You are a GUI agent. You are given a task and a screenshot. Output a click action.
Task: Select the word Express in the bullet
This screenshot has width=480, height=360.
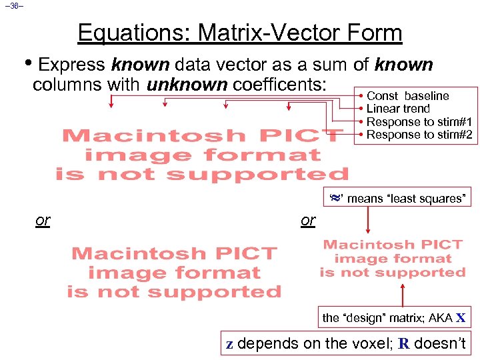[72, 65]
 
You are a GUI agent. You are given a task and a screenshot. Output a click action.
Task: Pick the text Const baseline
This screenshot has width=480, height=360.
[407, 96]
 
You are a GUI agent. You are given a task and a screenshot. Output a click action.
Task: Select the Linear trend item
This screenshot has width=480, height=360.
[398, 109]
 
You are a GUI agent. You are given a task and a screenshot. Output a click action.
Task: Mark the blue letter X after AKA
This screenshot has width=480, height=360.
[461, 318]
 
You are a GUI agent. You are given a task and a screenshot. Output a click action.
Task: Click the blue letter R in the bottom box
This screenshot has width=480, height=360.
[403, 344]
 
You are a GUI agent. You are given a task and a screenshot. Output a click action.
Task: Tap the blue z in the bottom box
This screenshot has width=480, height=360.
[229, 344]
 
